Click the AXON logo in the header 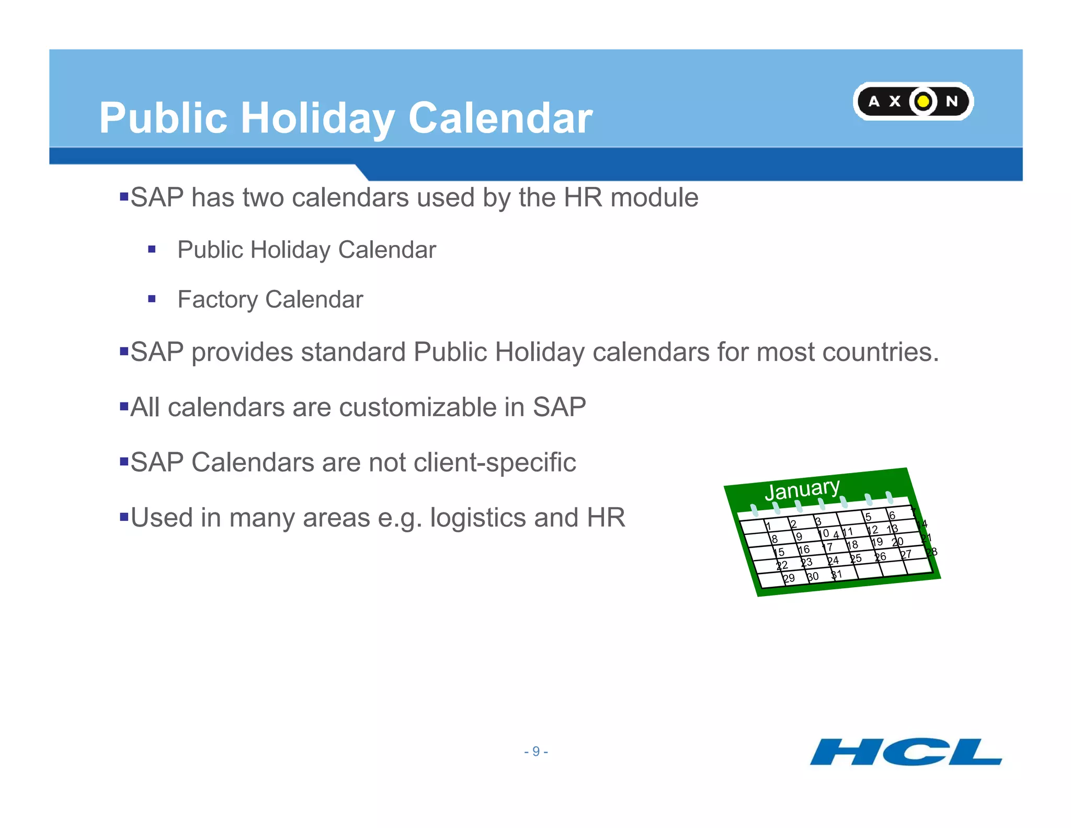pos(913,101)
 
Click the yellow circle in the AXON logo pos(924,101)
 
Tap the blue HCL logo pos(906,752)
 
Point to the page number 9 pos(535,752)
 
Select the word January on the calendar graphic pos(802,489)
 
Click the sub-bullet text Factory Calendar pos(270,299)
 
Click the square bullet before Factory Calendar pos(152,299)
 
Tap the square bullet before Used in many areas pos(124,517)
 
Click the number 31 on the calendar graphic pos(837,575)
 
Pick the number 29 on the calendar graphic pos(789,578)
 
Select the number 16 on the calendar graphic pos(804,550)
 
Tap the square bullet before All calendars pos(124,406)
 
